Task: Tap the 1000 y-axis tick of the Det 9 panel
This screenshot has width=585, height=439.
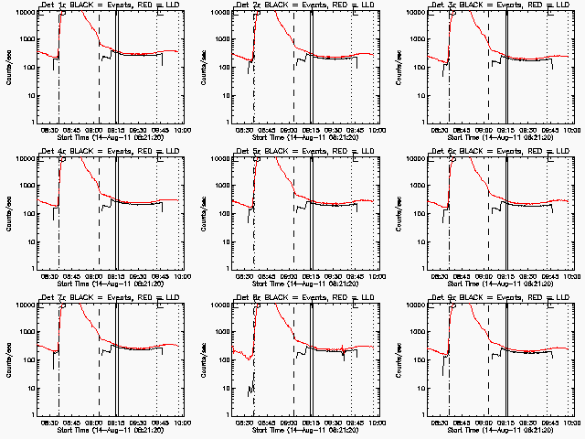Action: point(421,333)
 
